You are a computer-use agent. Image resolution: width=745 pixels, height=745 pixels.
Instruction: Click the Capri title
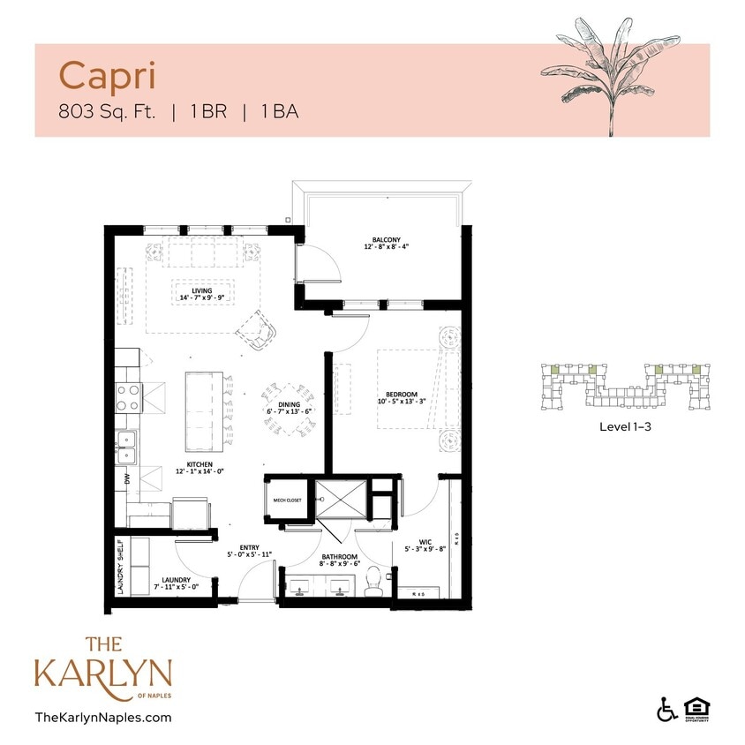108,76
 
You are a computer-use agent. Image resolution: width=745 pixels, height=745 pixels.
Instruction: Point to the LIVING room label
202,290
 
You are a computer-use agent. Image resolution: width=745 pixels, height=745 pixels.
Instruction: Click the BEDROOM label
401,395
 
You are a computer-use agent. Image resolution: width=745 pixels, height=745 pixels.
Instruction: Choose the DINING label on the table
290,404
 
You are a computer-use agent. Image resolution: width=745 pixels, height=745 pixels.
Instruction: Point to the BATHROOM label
340,557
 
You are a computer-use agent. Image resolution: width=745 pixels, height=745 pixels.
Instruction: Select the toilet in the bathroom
373,580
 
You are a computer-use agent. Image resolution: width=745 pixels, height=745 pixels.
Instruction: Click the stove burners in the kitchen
130,397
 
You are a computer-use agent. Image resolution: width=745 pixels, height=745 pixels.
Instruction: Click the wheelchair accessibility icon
667,708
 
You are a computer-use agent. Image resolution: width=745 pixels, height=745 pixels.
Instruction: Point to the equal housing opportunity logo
697,708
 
